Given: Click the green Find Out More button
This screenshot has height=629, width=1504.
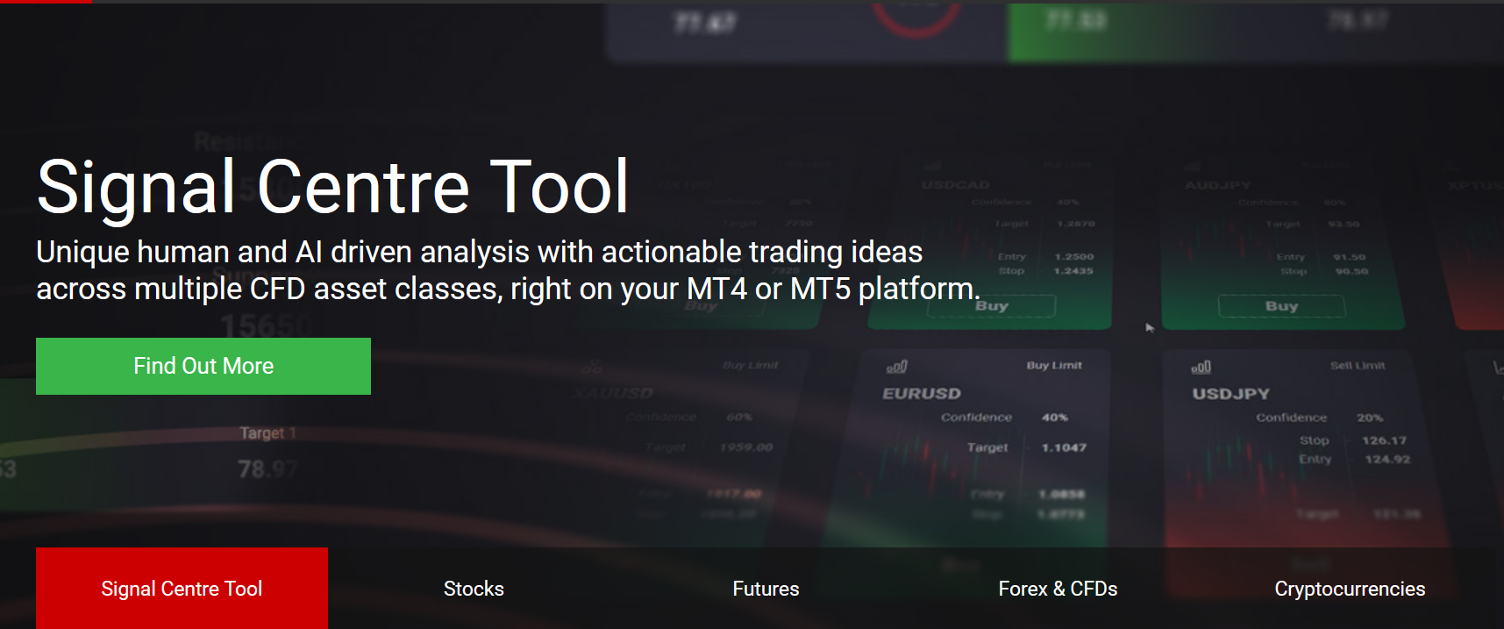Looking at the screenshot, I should coord(203,366).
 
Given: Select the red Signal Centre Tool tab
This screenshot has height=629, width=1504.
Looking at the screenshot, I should coord(182,589).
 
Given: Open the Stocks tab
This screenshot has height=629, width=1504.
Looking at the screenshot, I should coord(474,589).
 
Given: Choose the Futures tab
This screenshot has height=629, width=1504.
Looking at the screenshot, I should coord(766,589).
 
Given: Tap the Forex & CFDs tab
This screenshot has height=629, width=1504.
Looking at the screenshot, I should coord(1058,589).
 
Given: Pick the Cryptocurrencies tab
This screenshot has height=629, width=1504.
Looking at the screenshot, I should coord(1350,589).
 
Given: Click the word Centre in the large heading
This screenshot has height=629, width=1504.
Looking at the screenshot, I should coord(363,187).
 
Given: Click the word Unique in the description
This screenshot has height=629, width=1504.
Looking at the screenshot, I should coord(82,253).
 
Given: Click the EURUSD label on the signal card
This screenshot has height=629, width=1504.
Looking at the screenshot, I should coord(922,394).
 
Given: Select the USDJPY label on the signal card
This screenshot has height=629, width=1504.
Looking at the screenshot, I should coord(1230,394).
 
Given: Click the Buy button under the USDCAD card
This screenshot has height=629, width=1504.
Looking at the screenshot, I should coord(992,306).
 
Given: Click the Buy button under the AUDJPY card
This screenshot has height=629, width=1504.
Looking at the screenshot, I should coord(1281,306).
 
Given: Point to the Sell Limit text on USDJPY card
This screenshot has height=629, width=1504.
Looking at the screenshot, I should coord(1358,366).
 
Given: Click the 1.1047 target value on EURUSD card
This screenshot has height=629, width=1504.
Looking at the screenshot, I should coord(1064,447).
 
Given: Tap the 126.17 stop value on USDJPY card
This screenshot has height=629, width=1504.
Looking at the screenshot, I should coord(1384,440).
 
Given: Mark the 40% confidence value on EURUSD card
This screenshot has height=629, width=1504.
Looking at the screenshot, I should coord(1055,418).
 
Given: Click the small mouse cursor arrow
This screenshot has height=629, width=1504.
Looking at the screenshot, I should coord(1150,328).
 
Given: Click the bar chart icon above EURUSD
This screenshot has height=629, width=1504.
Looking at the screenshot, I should coord(897,367).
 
